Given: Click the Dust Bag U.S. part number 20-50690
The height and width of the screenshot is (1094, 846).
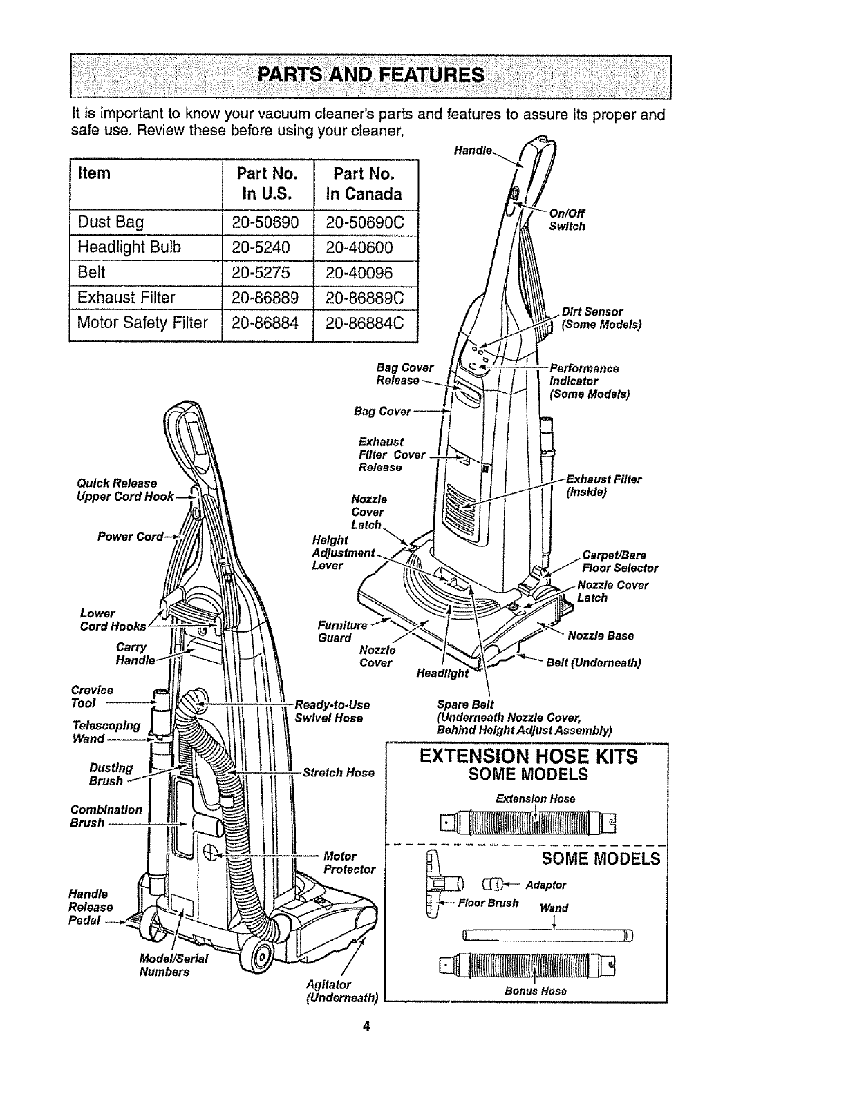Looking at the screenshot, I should (267, 222).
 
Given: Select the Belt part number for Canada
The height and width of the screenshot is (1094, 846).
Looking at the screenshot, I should (365, 273).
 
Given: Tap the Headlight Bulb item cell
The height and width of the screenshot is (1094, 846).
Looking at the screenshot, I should (129, 248).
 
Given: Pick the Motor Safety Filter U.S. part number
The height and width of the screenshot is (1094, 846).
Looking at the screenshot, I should (267, 323).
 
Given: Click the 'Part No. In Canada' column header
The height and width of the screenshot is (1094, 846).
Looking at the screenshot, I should (365, 183).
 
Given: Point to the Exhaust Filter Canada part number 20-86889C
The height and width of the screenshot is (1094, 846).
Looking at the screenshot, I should (365, 298).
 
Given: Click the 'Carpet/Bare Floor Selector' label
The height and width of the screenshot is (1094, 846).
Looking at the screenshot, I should (620, 562).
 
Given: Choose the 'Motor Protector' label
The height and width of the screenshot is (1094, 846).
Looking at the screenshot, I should (349, 863).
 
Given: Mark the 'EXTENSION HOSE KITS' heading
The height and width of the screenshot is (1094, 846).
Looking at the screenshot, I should (528, 757).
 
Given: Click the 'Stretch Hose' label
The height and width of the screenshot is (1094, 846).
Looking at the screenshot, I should (339, 772).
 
